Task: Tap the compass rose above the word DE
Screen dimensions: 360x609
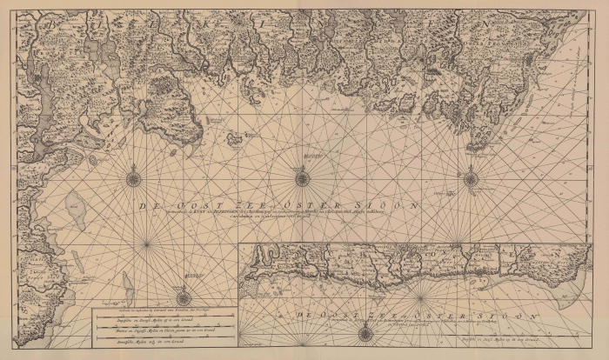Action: click(134, 179)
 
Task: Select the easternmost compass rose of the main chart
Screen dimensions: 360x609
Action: click(471, 179)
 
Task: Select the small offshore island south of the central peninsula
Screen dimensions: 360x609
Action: click(233, 137)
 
